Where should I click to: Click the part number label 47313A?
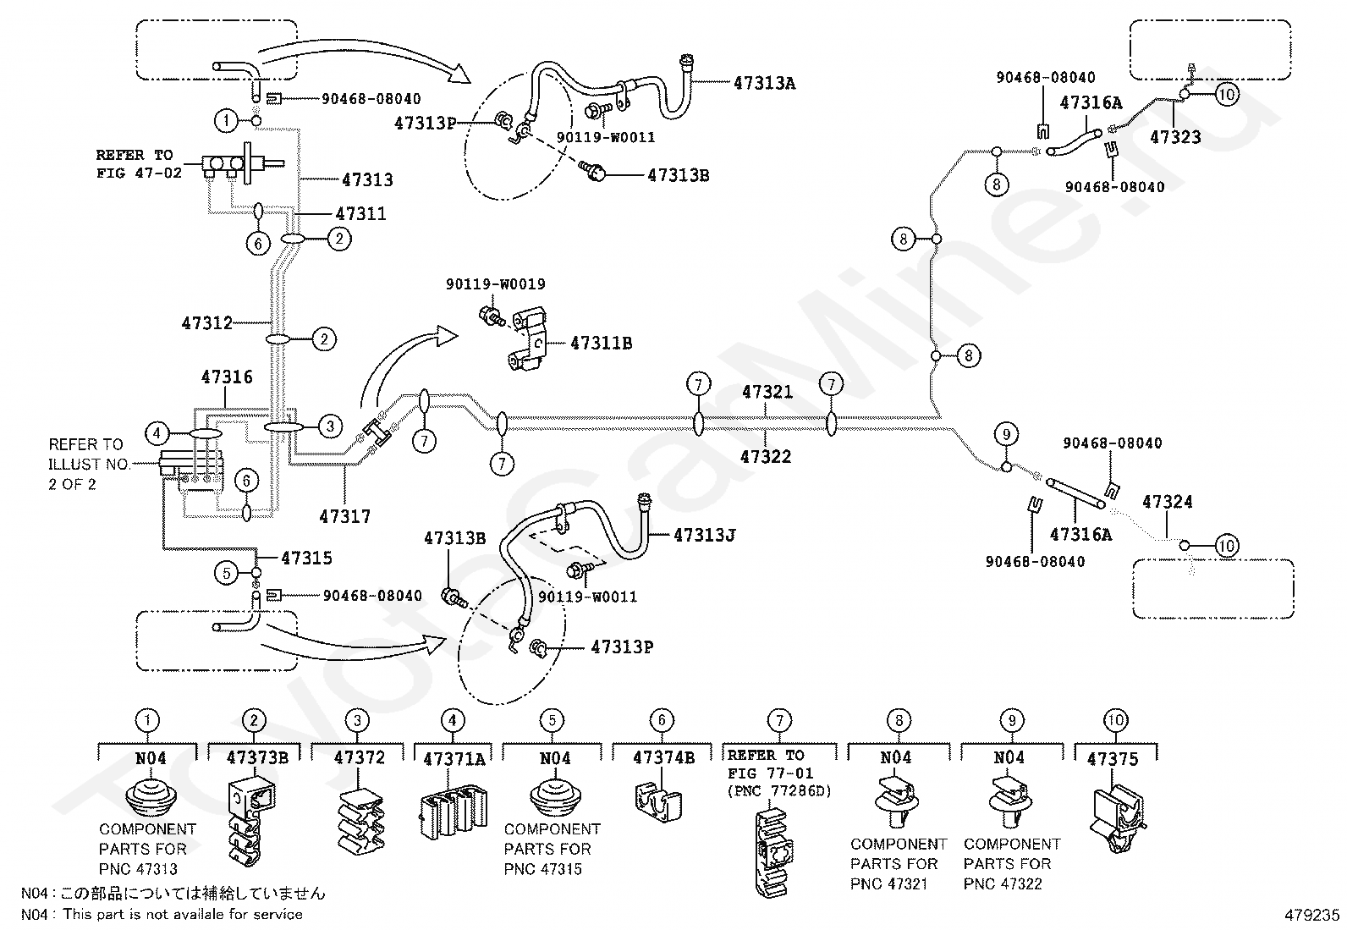click(764, 83)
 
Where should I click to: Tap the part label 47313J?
click(704, 535)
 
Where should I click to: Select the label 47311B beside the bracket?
click(601, 343)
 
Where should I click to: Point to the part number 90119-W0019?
click(496, 284)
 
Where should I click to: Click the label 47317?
click(344, 516)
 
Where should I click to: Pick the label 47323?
click(1175, 137)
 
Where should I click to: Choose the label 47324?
click(1167, 502)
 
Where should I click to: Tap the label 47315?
click(306, 558)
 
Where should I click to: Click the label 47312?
click(206, 323)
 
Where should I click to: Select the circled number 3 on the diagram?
click(330, 426)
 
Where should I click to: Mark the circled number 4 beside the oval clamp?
click(157, 433)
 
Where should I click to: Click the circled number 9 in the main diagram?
click(1006, 434)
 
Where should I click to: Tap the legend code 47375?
click(1113, 759)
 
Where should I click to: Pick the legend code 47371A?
click(454, 759)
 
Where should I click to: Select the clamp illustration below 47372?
click(360, 821)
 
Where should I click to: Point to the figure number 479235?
click(1312, 915)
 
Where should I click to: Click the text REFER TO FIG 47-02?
click(139, 163)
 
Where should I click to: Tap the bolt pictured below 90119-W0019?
click(492, 316)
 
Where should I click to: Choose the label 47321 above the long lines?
click(767, 392)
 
